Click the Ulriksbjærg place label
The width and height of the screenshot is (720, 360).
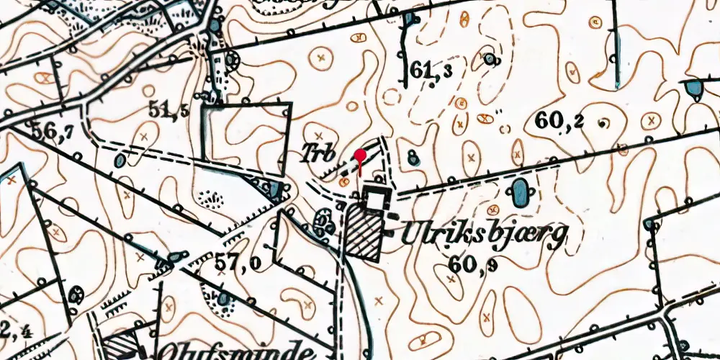tap(484, 235)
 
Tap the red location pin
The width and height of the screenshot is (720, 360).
tap(359, 155)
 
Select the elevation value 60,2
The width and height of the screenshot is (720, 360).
tap(559, 122)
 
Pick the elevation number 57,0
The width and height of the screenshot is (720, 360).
tap(238, 264)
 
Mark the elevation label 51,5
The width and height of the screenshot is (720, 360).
tap(169, 109)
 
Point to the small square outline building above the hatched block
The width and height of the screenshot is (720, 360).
tap(375, 198)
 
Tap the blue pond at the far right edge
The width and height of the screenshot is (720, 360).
tap(695, 89)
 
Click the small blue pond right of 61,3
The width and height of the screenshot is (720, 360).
tap(491, 58)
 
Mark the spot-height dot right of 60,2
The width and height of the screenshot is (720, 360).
tap(603, 122)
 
